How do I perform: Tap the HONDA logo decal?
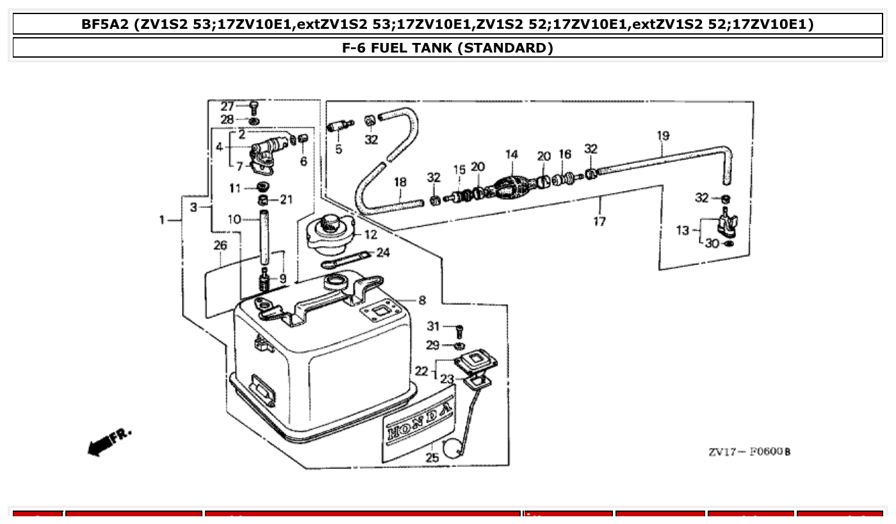[x=419, y=422]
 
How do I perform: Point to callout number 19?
[x=663, y=136]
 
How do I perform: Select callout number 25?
[x=432, y=457]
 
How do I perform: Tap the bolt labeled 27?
[x=254, y=106]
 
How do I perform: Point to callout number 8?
[x=421, y=300]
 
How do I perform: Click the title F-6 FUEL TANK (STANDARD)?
[x=448, y=48]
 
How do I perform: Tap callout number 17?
[x=599, y=222]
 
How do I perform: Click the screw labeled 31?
[x=459, y=331]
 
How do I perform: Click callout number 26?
[x=220, y=245]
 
